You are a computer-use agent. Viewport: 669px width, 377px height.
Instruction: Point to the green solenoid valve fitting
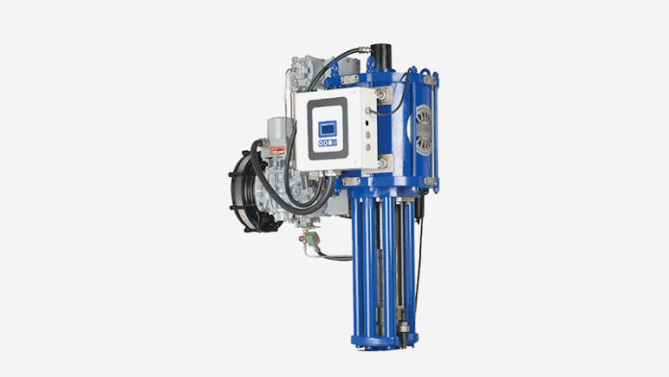310,245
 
